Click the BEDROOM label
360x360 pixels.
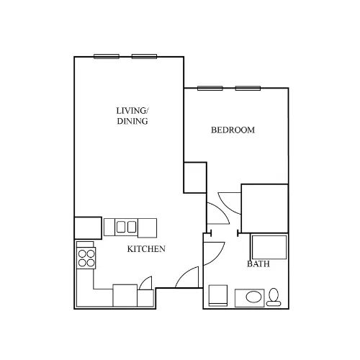(x=233, y=130)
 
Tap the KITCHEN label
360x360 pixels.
(x=146, y=249)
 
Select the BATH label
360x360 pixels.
(x=258, y=264)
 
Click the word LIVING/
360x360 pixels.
(x=132, y=111)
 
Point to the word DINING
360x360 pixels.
(x=132, y=121)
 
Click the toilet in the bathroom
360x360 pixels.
(x=274, y=297)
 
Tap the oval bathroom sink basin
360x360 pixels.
(x=253, y=297)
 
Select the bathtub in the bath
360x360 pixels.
(x=269, y=247)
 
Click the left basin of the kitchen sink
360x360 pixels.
(x=121, y=227)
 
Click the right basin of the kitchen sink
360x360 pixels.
(x=132, y=227)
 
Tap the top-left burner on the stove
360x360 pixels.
(x=82, y=253)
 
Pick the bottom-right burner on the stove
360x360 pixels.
(x=91, y=263)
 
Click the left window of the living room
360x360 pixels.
(x=107, y=57)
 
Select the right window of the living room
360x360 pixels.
(x=144, y=57)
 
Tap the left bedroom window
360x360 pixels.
(x=210, y=89)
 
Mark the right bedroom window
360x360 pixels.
(x=248, y=89)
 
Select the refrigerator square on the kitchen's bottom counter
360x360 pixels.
(x=125, y=295)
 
